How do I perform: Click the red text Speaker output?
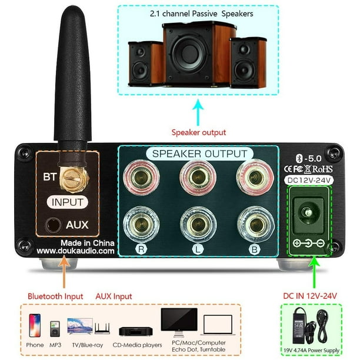(199, 132)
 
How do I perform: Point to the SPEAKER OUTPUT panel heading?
(199, 154)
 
